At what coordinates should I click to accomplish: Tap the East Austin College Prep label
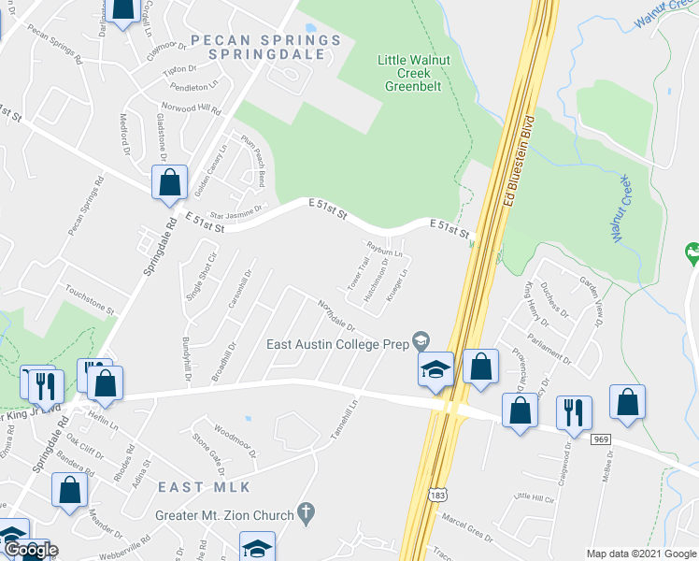click(338, 344)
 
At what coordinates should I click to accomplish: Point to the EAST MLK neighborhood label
click(191, 487)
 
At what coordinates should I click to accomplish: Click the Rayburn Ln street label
click(384, 251)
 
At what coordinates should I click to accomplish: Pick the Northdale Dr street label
click(336, 315)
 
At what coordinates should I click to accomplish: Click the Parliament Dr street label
click(548, 347)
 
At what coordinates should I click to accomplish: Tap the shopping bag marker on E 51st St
click(170, 184)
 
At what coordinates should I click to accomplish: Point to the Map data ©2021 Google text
click(641, 554)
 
